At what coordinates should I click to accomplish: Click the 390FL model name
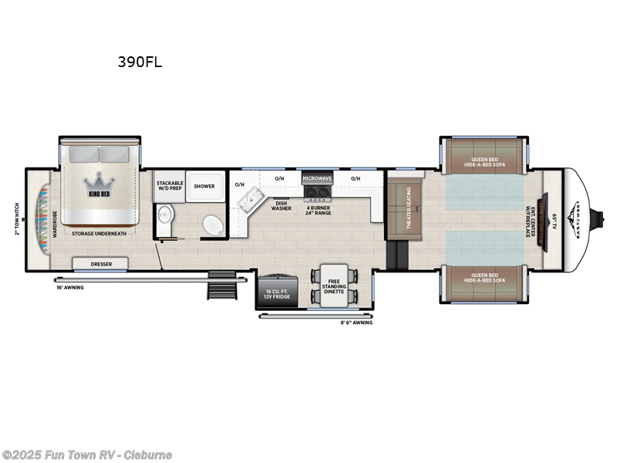tap(140, 63)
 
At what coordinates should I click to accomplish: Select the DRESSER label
tap(100, 264)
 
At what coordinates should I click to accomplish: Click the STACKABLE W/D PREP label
tap(169, 186)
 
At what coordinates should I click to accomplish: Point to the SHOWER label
tap(204, 186)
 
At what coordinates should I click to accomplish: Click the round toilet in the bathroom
tap(211, 226)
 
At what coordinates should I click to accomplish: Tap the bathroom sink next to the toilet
tap(164, 216)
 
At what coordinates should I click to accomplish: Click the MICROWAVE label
tap(316, 178)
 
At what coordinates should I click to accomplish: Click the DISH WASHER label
tap(281, 206)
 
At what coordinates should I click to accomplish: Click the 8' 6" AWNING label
tap(357, 323)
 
